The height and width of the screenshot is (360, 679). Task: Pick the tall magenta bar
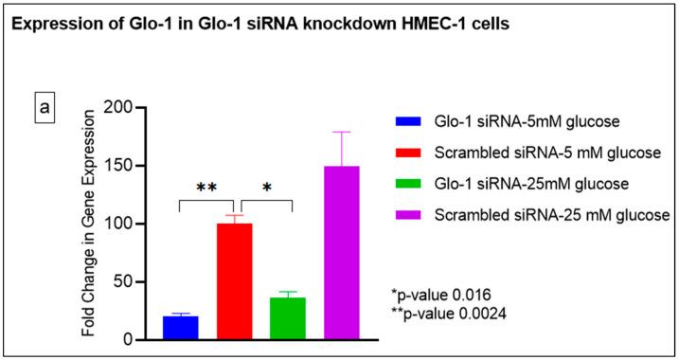(342, 252)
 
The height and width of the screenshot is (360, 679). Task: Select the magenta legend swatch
(408, 215)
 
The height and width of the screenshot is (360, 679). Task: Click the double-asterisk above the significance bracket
(207, 188)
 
